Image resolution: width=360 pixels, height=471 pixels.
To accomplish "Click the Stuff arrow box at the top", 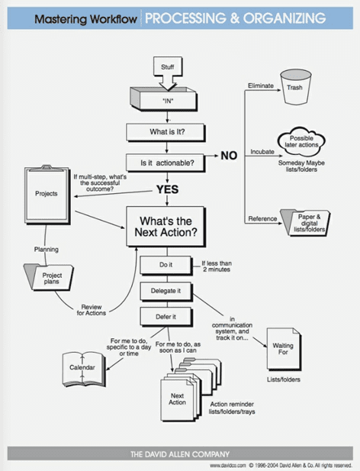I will coord(168,68).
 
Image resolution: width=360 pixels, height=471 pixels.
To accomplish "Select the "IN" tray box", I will coord(168,99).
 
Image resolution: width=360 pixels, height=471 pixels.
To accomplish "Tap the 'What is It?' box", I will coord(168,131).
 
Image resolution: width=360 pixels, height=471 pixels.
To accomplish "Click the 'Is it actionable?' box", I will coord(168,163).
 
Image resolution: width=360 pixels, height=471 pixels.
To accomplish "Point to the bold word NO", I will coord(229,156).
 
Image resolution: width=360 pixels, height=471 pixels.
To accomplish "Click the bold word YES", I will coord(168,189).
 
